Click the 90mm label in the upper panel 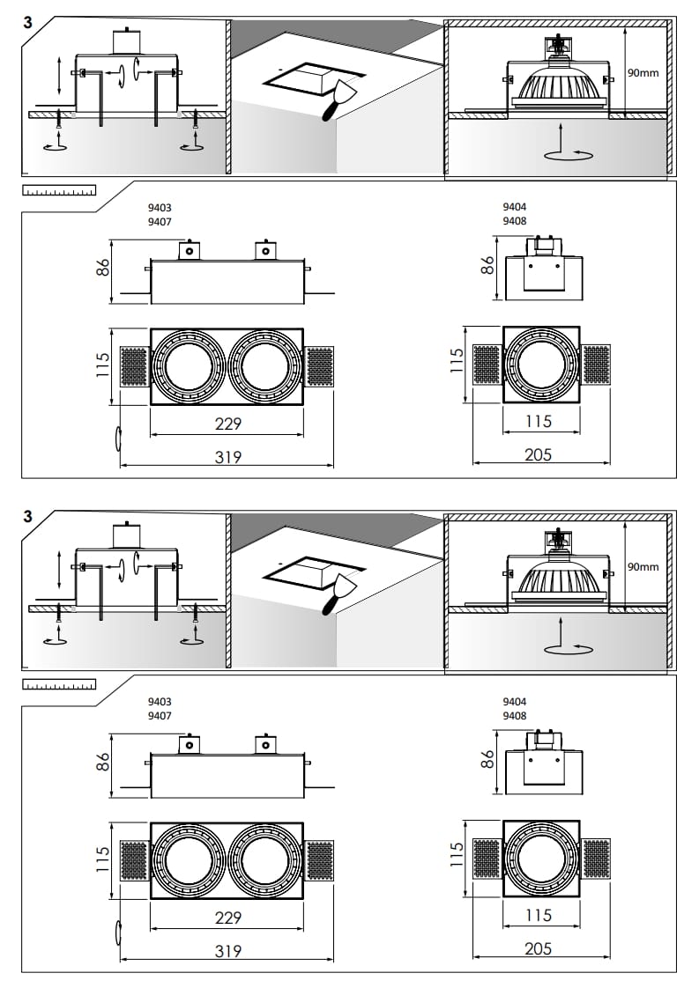(x=643, y=73)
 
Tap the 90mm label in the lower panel (x=643, y=567)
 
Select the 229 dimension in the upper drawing (x=228, y=424)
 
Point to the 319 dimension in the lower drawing (x=228, y=951)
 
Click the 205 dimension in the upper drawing (x=538, y=454)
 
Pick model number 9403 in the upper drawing (x=160, y=209)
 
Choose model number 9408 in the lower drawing (x=515, y=716)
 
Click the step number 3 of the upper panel (x=28, y=22)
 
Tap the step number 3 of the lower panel (x=28, y=516)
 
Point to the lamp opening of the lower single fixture (x=540, y=860)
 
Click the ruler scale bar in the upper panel (x=59, y=189)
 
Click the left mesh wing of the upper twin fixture (x=133, y=366)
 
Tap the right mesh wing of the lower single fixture (x=597, y=859)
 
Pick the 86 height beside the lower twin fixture (x=102, y=762)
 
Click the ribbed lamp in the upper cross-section (x=558, y=85)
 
